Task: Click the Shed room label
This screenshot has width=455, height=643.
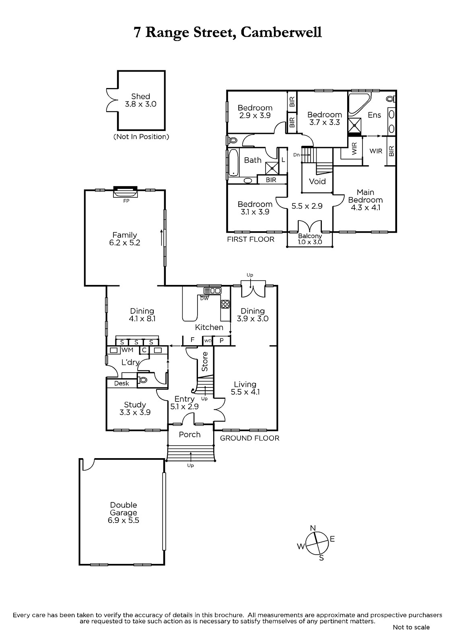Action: point(140,96)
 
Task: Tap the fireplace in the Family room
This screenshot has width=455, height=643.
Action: point(126,192)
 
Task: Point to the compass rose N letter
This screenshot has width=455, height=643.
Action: point(313,528)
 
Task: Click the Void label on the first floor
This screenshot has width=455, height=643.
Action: point(317,181)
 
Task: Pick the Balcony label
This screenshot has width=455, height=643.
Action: point(310,236)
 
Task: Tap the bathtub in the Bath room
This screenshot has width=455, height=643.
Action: point(233,162)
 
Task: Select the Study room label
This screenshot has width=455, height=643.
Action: point(135,405)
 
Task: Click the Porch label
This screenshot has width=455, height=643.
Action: point(190,434)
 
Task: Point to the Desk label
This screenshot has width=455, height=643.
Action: point(121,383)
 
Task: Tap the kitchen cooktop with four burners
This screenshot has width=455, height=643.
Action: point(225,304)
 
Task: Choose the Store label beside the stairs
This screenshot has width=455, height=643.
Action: point(205,362)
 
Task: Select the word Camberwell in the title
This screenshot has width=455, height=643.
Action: point(281,32)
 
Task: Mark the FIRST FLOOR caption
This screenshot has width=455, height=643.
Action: point(251,239)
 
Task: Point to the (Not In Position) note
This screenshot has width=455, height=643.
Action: point(141,137)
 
